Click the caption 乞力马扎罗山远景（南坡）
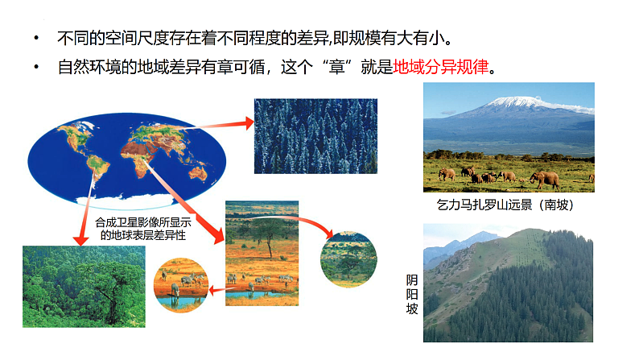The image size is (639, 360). [508, 205]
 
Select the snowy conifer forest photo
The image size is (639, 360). [315, 135]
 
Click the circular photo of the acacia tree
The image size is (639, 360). [348, 259]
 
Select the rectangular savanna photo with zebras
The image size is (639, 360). [262, 252]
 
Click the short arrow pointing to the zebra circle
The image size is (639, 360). [216, 288]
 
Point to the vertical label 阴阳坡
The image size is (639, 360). [411, 294]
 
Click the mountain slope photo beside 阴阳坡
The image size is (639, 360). [508, 283]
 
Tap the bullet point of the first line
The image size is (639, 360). [35, 39]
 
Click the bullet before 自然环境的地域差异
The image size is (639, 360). [35, 68]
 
